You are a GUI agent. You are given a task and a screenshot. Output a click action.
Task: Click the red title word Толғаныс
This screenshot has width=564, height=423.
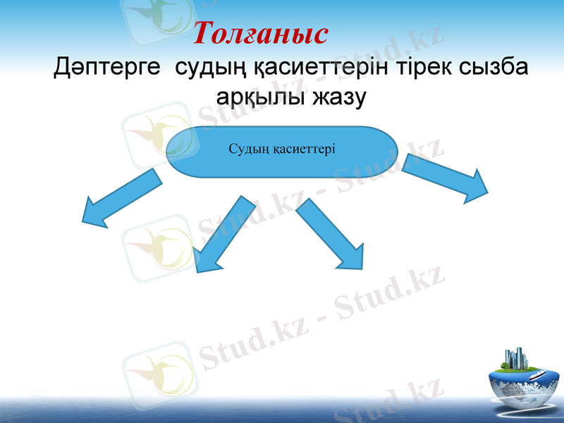tap(261, 33)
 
